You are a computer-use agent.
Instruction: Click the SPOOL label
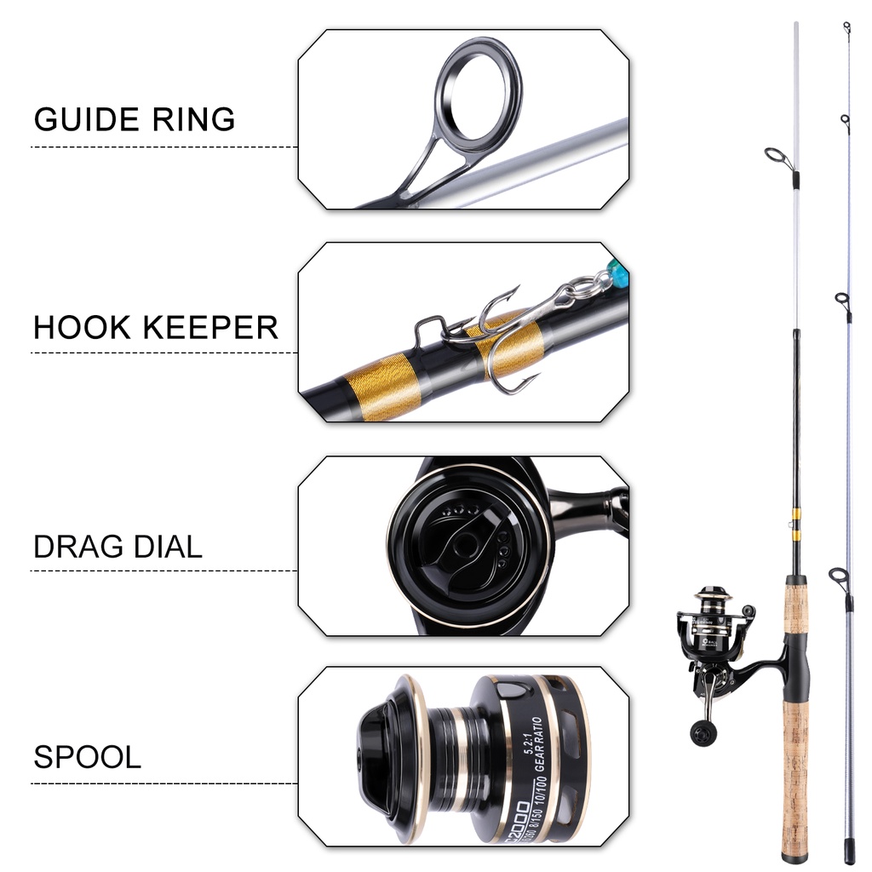click(87, 757)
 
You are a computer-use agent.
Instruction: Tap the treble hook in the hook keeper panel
click(502, 341)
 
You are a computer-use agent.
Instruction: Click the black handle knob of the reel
click(703, 732)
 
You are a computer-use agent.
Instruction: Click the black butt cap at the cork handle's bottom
click(794, 854)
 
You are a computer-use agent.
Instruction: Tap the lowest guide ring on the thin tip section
click(839, 578)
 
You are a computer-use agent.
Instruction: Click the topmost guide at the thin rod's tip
click(847, 28)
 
